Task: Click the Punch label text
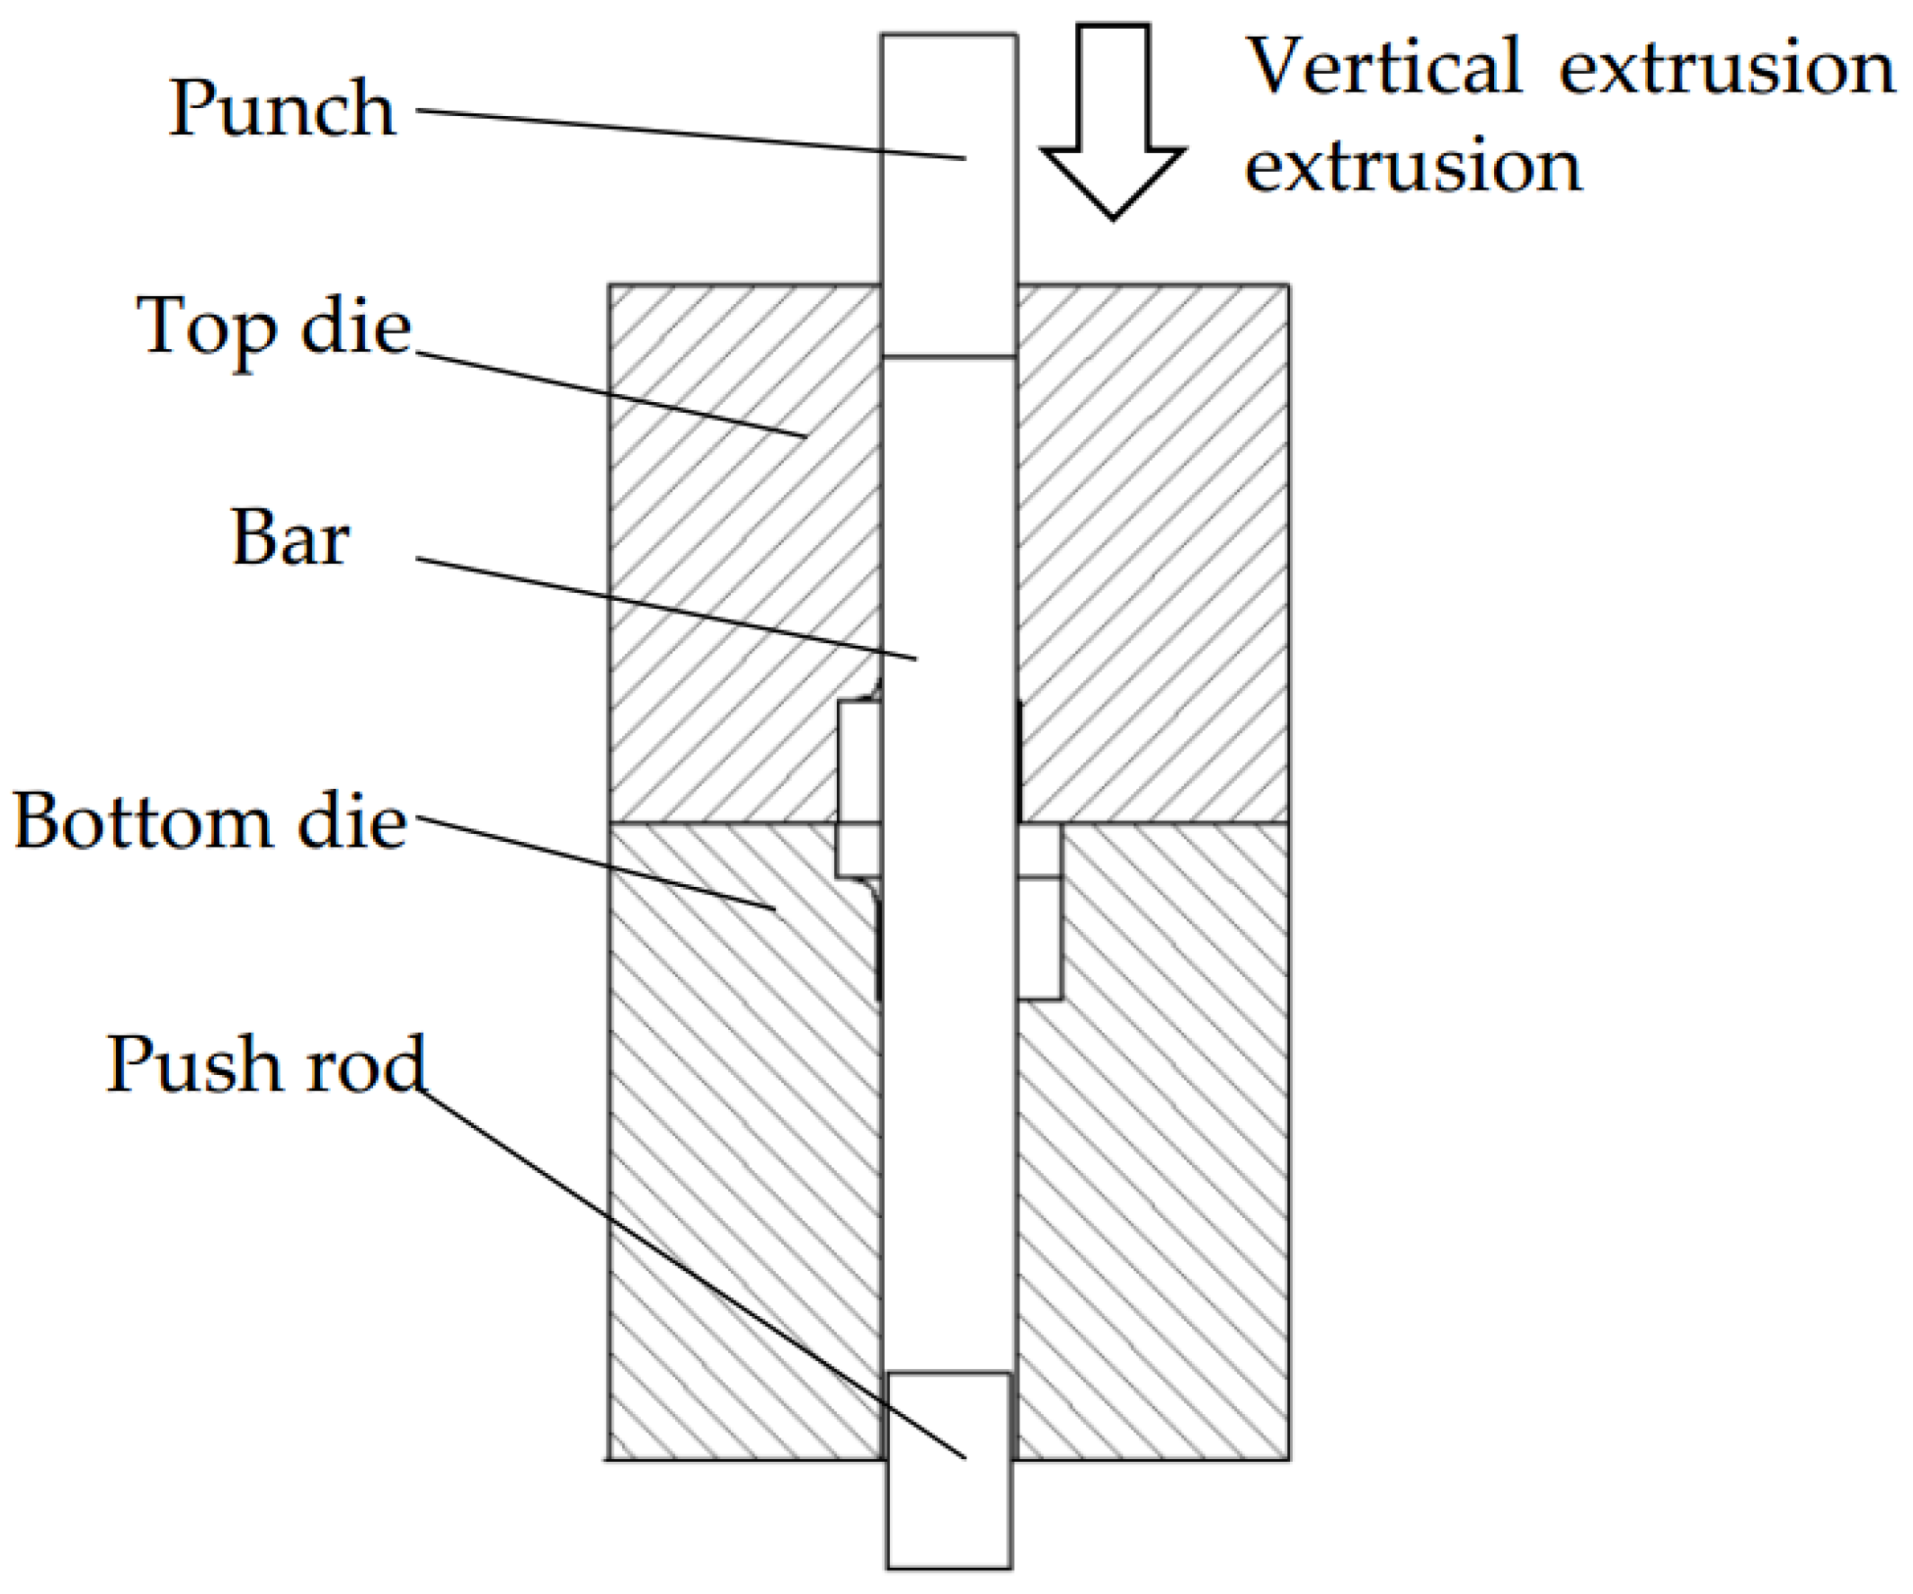point(282,110)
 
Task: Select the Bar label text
point(289,538)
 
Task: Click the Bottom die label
point(209,822)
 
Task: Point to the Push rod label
point(266,1064)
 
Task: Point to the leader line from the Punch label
point(692,135)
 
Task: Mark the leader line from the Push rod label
point(692,1276)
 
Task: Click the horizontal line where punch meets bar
point(948,356)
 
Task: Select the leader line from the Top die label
point(610,395)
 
